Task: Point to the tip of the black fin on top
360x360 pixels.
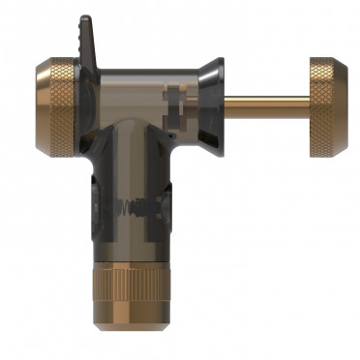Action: tap(84, 19)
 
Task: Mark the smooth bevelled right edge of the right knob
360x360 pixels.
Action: tap(350, 106)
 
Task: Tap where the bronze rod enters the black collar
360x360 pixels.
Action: tap(225, 99)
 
